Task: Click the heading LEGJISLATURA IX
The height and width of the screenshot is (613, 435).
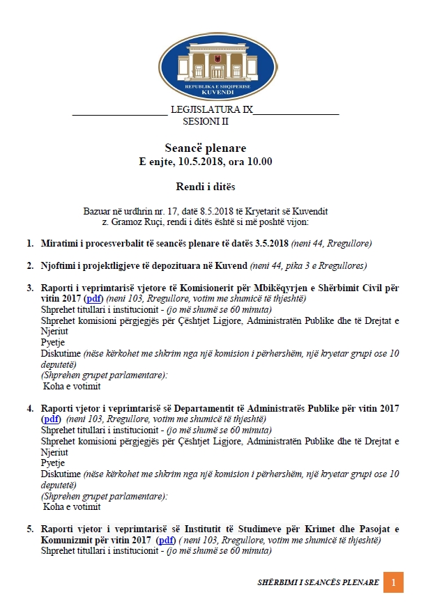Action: click(x=211, y=110)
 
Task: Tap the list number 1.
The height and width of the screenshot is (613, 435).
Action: click(x=30, y=243)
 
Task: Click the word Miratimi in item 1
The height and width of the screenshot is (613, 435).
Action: click(x=59, y=243)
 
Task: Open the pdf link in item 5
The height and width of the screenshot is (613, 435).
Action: click(x=166, y=540)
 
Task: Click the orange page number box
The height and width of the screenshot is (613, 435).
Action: click(x=393, y=582)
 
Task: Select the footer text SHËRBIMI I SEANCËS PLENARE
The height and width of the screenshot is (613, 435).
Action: click(x=318, y=582)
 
